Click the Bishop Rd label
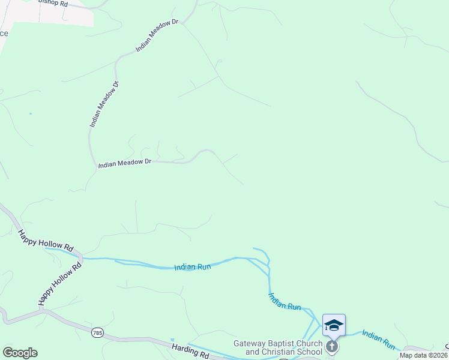pyautogui.click(x=53, y=2)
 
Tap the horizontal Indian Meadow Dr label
pyautogui.click(x=125, y=162)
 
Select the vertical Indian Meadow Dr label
pyautogui.click(x=104, y=103)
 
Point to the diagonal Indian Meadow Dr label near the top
pyautogui.click(x=157, y=35)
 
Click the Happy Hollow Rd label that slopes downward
pyautogui.click(x=45, y=241)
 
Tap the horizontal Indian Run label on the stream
pyautogui.click(x=193, y=267)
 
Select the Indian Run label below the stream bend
pyautogui.click(x=285, y=301)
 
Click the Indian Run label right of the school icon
pyautogui.click(x=379, y=339)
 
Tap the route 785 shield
pyautogui.click(x=98, y=332)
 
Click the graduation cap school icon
pyautogui.click(x=334, y=325)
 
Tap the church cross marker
pyautogui.click(x=331, y=346)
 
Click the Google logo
pyautogui.click(x=20, y=353)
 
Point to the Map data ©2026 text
pyautogui.click(x=424, y=355)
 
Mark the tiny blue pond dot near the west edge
pyautogui.click(x=30, y=113)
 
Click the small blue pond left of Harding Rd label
pyautogui.click(x=172, y=340)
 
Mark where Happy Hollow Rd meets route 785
pyautogui.click(x=43, y=311)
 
